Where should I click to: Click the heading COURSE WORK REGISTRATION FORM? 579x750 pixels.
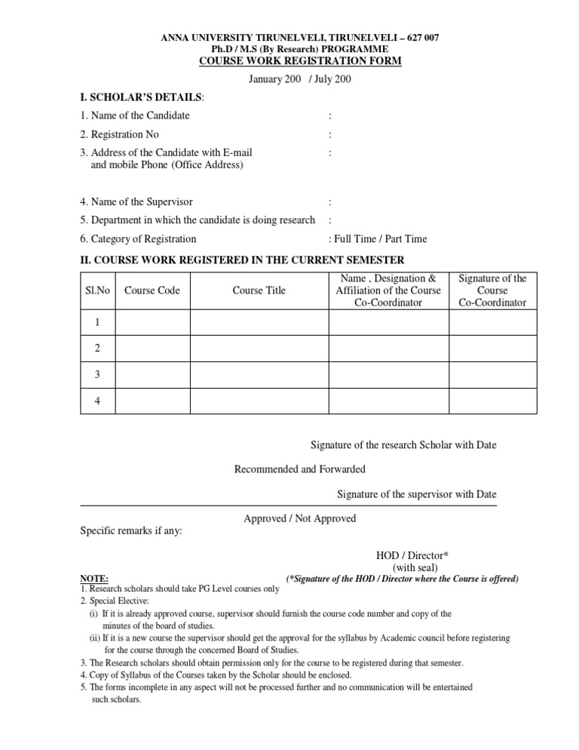coord(289,60)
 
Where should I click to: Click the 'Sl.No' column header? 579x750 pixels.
coord(96,290)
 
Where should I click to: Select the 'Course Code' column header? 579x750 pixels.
coord(152,290)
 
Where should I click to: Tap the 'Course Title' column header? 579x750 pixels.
coord(259,290)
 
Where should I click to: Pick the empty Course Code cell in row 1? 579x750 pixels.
coord(152,322)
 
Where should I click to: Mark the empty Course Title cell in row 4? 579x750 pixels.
coord(259,401)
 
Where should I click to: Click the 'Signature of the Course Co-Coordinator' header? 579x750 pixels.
coord(493,290)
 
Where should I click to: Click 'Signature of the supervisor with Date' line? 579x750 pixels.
coord(417,494)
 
